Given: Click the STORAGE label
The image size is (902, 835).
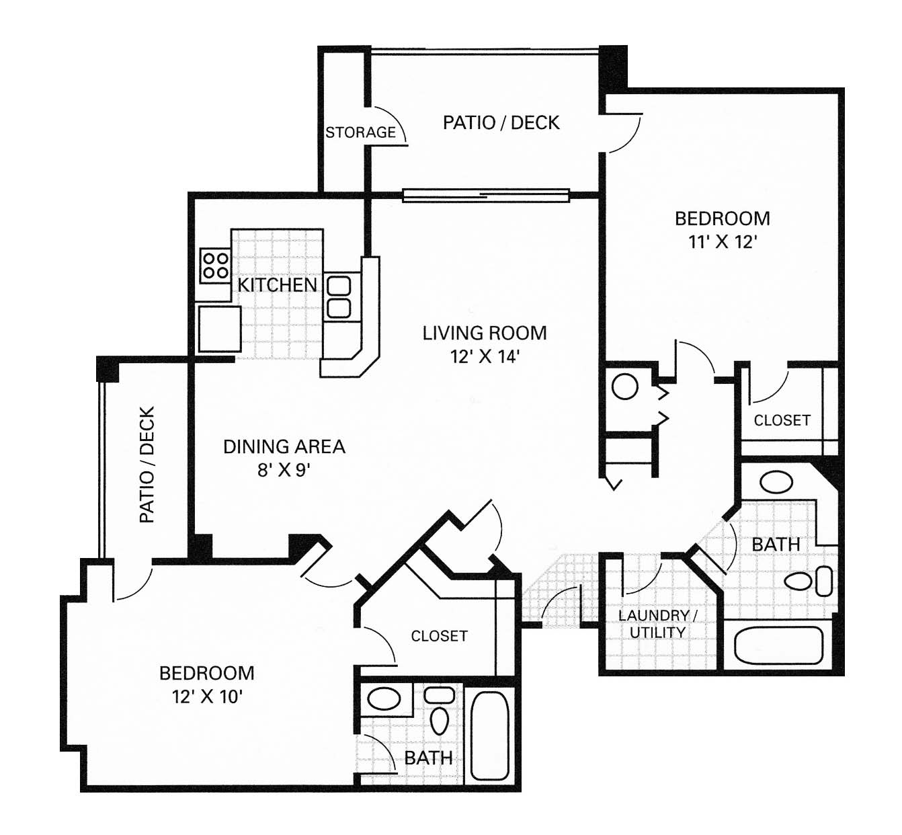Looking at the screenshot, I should pos(360,132).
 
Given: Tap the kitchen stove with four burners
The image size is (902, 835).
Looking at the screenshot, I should pos(215,266).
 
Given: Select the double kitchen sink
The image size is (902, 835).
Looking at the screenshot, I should pos(338,296).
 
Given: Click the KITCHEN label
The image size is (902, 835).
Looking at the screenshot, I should pos(277,285).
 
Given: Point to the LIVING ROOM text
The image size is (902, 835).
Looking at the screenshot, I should pos(484,333).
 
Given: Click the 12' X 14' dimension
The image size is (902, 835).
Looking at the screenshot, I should pos(484,356).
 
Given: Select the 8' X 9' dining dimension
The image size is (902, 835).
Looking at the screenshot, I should pos(283,469).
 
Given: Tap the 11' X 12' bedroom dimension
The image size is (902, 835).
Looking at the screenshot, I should pos(722,242).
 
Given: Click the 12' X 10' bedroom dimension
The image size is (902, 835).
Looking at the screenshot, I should pos(206,697).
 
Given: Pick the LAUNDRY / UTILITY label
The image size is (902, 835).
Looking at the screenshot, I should pos(657,624).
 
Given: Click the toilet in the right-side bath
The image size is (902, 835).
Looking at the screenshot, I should pos(809,581).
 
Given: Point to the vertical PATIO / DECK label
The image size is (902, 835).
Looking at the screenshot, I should pos(147,465).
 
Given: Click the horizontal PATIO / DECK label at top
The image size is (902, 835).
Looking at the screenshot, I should pos(501,122).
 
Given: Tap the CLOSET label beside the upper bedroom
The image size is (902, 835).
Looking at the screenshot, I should pos(782,420).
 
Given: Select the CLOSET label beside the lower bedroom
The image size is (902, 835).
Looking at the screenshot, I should pos(439,636).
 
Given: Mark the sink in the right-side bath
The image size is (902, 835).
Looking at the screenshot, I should pos(776,482).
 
